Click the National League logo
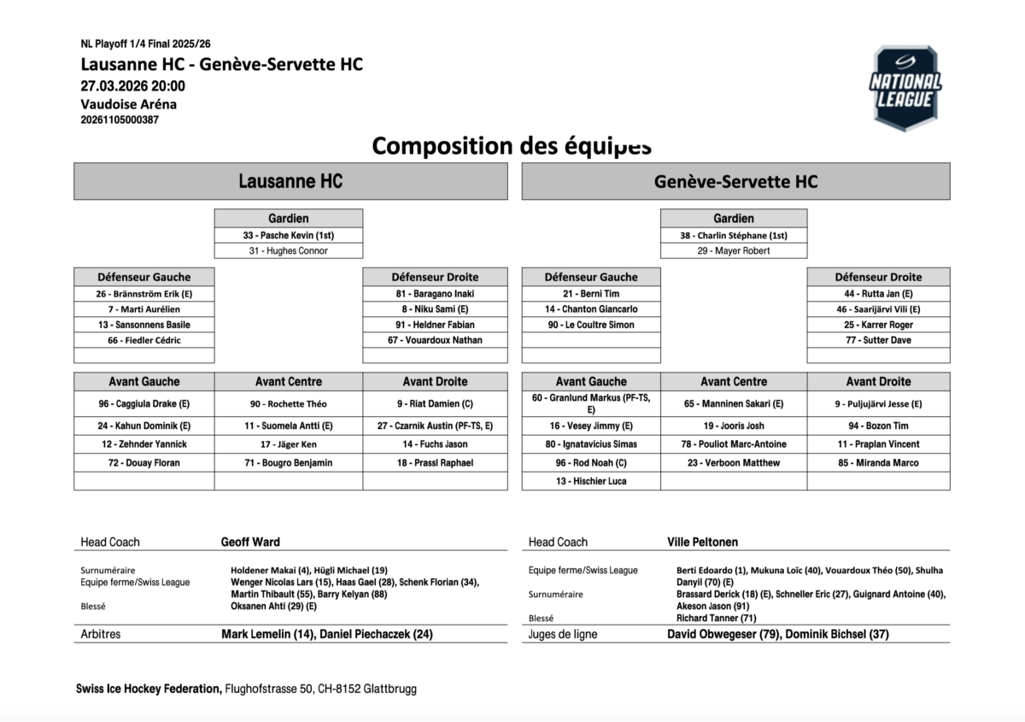[905, 88]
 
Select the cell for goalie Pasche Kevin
[288, 235]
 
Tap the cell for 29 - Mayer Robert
[733, 251]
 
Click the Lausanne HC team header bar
[290, 181]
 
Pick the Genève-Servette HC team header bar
[735, 181]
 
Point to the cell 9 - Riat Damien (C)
[435, 403]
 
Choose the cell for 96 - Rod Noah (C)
[591, 463]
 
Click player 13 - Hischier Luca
[591, 481]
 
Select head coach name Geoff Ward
[250, 542]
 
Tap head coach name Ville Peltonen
[702, 542]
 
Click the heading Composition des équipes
[512, 146]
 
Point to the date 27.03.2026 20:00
[132, 85]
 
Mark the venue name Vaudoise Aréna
[129, 104]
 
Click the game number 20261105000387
[120, 120]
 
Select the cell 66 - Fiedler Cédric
[144, 340]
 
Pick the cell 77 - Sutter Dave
[878, 340]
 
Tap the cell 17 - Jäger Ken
[288, 444]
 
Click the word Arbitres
[100, 635]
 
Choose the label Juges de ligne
[563, 635]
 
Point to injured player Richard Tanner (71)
[716, 618]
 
